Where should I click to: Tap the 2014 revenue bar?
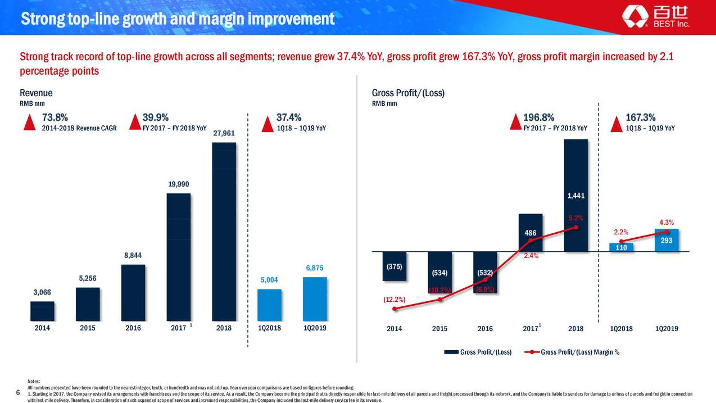tap(42, 310)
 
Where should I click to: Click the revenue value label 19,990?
tap(178, 184)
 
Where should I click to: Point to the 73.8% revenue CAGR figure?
tap(55, 117)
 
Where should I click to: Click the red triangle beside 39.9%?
tap(135, 122)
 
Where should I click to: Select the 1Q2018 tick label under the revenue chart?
tap(269, 328)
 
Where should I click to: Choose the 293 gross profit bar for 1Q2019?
tap(667, 241)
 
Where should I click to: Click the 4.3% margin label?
tap(667, 222)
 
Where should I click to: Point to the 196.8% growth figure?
tap(538, 117)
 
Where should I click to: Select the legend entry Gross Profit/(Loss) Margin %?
tap(579, 352)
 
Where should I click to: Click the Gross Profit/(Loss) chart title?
tap(408, 93)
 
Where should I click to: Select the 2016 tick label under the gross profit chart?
tap(485, 329)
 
